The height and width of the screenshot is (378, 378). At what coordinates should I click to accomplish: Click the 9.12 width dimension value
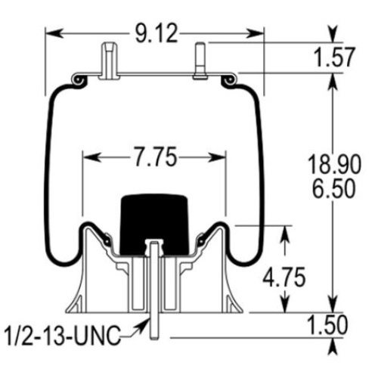tap(156, 33)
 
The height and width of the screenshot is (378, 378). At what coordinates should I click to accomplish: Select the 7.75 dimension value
tap(155, 157)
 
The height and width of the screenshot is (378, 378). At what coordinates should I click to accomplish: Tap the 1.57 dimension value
tap(334, 57)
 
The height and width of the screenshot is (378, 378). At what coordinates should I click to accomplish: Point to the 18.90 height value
tap(334, 165)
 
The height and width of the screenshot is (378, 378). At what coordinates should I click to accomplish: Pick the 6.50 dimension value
tap(334, 188)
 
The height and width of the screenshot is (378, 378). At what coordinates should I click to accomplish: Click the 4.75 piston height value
tap(284, 277)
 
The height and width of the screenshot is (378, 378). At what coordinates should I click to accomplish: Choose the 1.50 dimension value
tap(327, 325)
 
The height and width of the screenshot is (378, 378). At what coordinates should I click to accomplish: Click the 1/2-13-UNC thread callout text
tap(63, 336)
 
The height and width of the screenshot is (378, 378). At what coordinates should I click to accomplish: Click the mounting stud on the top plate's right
tap(200, 61)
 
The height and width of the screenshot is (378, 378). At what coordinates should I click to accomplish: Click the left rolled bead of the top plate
tap(79, 81)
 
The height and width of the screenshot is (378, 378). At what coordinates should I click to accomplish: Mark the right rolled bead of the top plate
tap(229, 81)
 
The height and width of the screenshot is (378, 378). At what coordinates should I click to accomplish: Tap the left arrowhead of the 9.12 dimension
tap(54, 33)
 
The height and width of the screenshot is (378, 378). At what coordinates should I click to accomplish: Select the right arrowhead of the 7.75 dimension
tap(217, 157)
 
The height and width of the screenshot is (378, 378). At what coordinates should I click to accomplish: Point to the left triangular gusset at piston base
tap(75, 304)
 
